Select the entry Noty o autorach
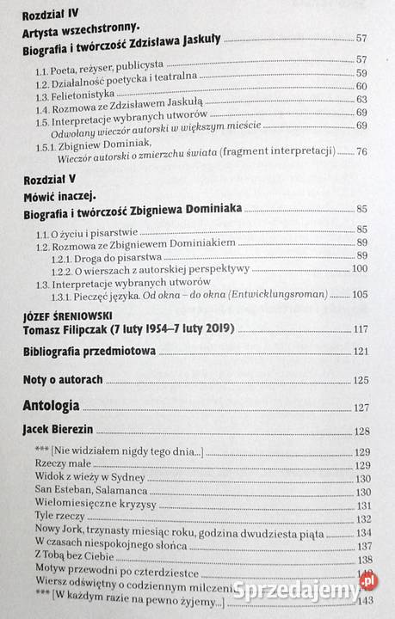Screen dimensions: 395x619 (64, 378)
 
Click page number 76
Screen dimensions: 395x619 (361, 152)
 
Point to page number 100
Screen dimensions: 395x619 (359, 269)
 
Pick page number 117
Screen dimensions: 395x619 (360, 329)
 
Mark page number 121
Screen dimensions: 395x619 (360, 352)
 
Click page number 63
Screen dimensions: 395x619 (361, 100)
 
